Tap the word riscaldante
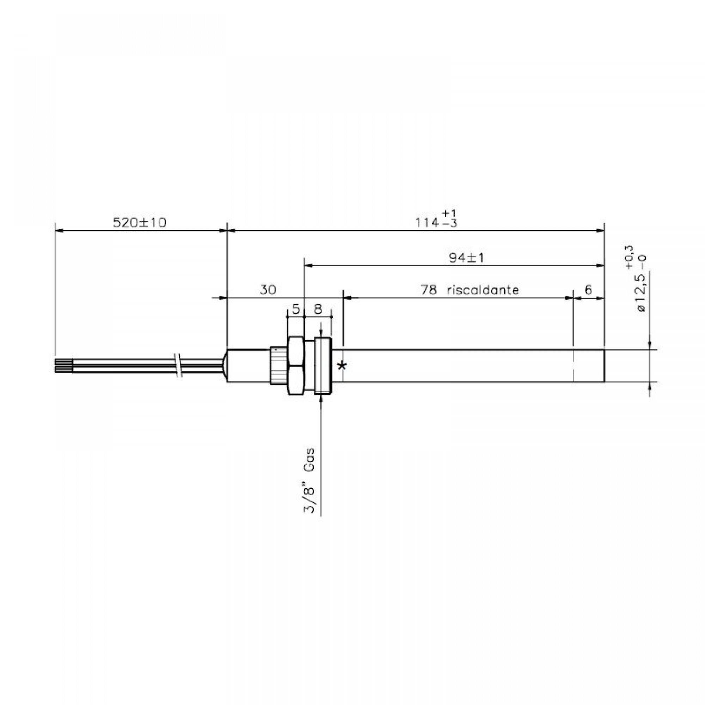[x=483, y=290]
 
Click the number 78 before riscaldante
[x=429, y=290]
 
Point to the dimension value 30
[x=268, y=290]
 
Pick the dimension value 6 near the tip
[x=588, y=290]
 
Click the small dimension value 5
[x=296, y=309]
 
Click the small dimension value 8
[x=318, y=309]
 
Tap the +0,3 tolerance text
[x=629, y=258]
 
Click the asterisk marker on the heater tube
[x=342, y=365]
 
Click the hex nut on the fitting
[x=296, y=365]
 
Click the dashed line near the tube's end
[x=573, y=365]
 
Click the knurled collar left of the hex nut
[x=278, y=365]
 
